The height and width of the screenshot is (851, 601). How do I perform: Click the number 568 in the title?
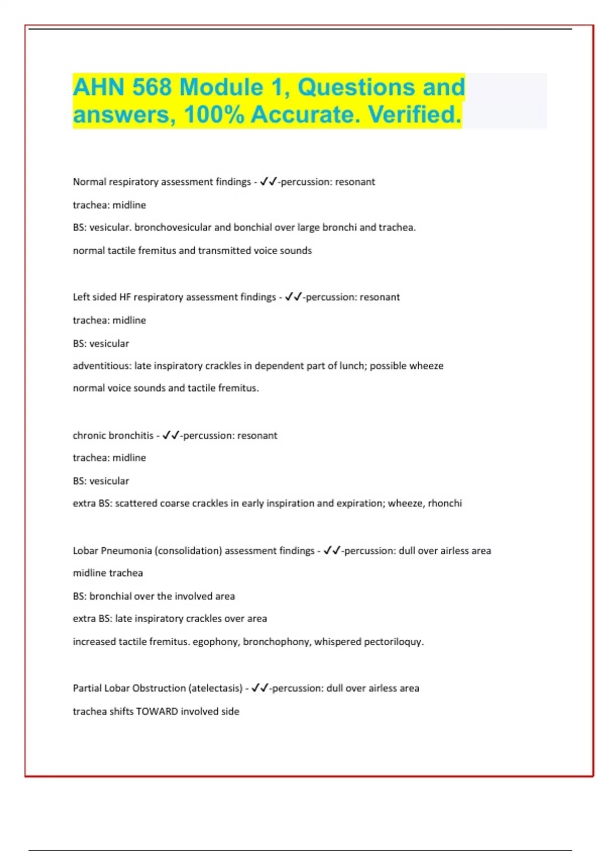tap(152, 88)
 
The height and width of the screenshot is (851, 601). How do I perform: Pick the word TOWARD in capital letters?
tap(157, 711)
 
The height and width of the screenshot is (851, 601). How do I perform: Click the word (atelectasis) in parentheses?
tap(215, 688)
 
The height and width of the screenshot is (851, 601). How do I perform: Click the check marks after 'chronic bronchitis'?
tap(171, 435)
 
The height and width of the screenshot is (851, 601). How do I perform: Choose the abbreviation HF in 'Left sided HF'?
tap(125, 297)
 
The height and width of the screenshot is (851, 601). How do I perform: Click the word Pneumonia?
tap(126, 551)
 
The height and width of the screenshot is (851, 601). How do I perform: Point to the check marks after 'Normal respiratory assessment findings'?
tap(268, 182)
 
